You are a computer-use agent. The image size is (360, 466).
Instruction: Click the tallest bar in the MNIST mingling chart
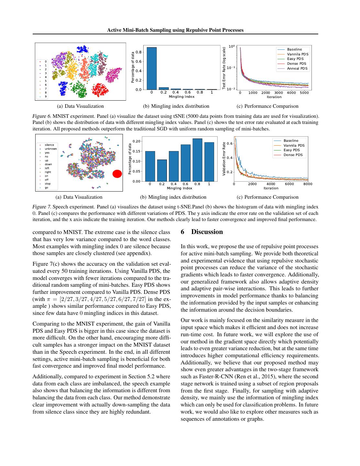coord(152,68)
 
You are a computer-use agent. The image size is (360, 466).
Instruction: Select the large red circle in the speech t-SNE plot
coord(117,174)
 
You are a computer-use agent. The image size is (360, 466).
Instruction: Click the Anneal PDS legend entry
coord(297,69)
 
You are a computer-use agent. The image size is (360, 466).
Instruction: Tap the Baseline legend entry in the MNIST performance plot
coord(294,50)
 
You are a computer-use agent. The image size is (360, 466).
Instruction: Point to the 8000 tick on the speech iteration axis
coord(308,184)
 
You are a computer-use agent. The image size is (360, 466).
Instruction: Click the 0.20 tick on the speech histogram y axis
coord(136,141)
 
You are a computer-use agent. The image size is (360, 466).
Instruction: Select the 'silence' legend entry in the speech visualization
coord(49,145)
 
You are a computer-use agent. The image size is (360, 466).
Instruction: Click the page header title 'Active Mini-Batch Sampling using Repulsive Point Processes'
coord(175,30)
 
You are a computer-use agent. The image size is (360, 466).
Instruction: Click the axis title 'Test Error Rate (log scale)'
coord(224,68)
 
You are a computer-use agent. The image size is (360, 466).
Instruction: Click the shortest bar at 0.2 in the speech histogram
coord(162,170)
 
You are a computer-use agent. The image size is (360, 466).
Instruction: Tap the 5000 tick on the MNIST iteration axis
coord(304,93)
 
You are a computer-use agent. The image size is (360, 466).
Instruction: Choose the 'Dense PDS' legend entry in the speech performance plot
coord(293,155)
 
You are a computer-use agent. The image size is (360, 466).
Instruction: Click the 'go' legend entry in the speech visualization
coord(47,188)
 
